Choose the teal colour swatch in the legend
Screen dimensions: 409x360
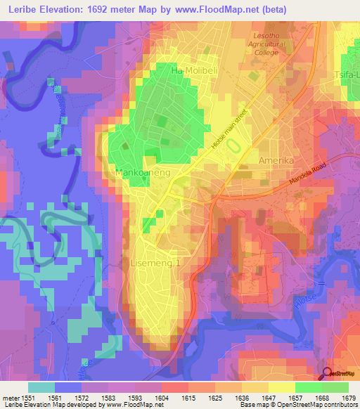click(x=41, y=387)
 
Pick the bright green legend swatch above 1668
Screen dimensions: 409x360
click(x=308, y=387)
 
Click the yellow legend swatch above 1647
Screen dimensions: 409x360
click(x=281, y=387)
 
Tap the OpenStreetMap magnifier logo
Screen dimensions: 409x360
click(x=327, y=374)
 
